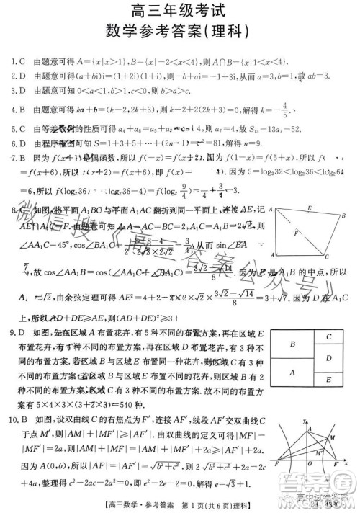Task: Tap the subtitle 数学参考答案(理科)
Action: [179, 32]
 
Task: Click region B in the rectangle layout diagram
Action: [292, 345]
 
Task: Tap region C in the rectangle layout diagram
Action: [328, 337]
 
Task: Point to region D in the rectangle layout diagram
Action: [328, 358]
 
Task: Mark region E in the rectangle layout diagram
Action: [328, 380]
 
